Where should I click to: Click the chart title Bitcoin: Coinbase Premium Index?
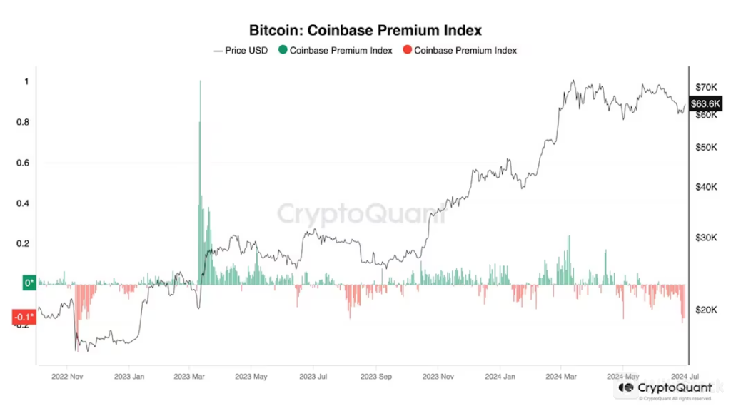pyautogui.click(x=365, y=31)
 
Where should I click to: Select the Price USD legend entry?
pyautogui.click(x=241, y=51)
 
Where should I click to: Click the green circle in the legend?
pyautogui.click(x=283, y=51)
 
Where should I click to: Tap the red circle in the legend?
pyautogui.click(x=407, y=51)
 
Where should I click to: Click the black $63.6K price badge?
pyautogui.click(x=706, y=104)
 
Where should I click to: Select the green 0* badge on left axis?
pyautogui.click(x=29, y=283)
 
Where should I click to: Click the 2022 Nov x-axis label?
pyautogui.click(x=68, y=375)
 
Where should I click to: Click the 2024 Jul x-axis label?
pyautogui.click(x=684, y=375)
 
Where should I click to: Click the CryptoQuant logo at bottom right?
pyautogui.click(x=665, y=387)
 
